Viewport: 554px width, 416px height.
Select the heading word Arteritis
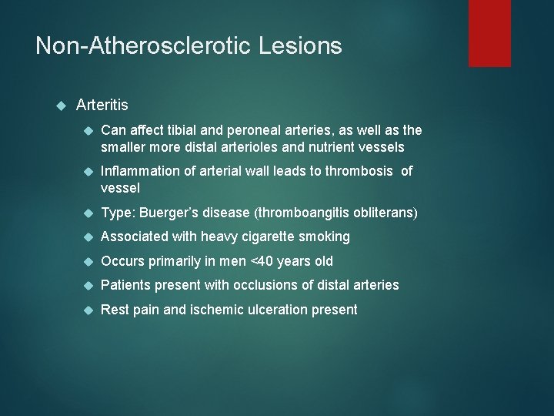[102, 105]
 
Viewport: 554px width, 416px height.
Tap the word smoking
[325, 237]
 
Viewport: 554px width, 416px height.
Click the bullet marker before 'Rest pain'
[88, 310]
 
